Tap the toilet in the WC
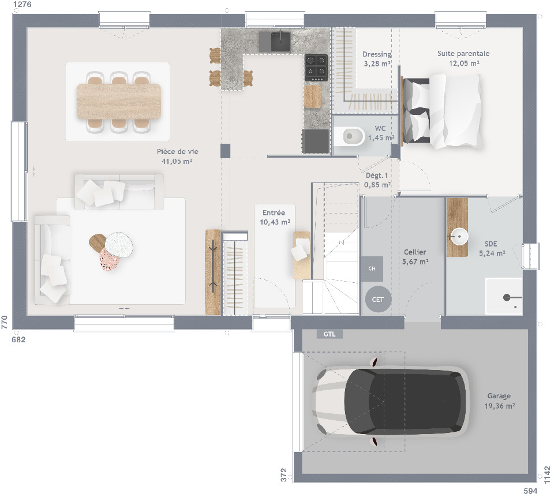352,137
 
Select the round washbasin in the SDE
459,236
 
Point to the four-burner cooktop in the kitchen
316,67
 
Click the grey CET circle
377,300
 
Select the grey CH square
372,268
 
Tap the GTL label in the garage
330,334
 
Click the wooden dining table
118,102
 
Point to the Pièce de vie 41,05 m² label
177,156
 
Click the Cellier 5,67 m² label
415,257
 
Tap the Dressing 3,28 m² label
377,59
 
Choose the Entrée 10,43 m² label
275,217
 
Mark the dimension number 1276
22,5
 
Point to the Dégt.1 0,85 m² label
377,180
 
